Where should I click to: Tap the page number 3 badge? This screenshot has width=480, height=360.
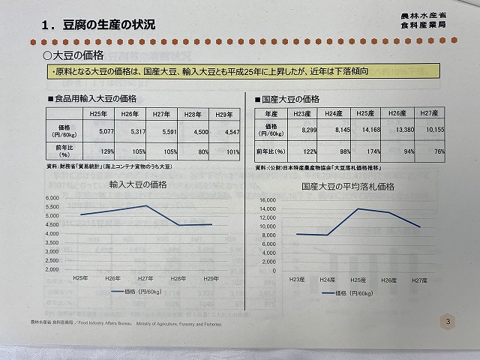(448, 322)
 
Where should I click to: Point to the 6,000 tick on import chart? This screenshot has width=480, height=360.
(58, 198)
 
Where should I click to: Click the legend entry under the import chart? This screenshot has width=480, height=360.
(134, 289)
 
